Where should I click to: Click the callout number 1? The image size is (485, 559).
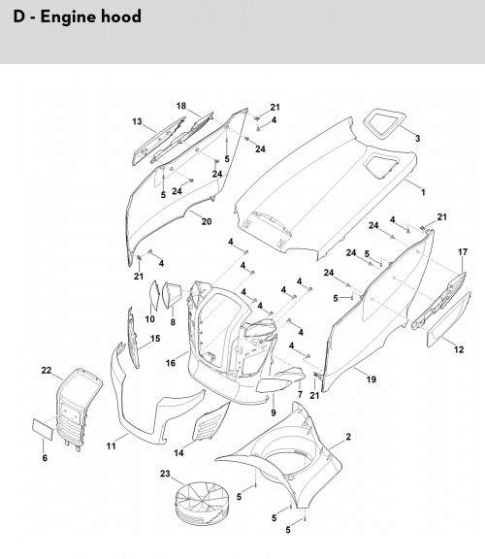tap(423, 192)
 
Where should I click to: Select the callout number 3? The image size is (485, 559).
tap(417, 139)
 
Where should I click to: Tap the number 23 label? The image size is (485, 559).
tap(165, 474)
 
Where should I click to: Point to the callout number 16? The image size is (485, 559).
tap(171, 363)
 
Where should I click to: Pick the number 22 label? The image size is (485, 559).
tap(47, 371)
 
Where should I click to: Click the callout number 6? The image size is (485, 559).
tap(45, 458)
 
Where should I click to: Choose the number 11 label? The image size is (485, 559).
tap(111, 446)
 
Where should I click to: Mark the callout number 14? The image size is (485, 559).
tap(178, 453)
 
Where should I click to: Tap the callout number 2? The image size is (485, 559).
tap(348, 437)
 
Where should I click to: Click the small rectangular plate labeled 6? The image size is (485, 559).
tap(43, 429)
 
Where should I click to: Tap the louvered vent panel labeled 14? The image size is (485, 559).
tap(210, 422)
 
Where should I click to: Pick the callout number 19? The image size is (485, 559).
tap(372, 379)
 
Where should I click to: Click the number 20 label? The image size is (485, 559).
tap(207, 221)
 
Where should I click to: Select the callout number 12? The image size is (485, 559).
tap(459, 349)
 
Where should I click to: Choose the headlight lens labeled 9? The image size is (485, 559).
tap(272, 386)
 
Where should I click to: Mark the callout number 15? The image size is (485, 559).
tap(155, 339)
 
